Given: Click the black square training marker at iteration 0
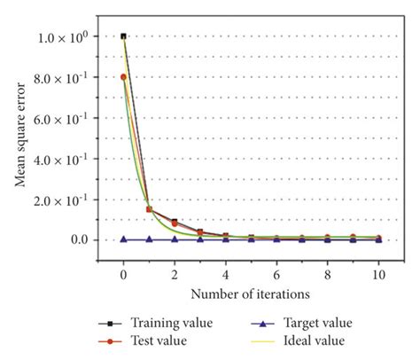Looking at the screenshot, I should click(x=123, y=36).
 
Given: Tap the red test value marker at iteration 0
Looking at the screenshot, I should click(x=123, y=77).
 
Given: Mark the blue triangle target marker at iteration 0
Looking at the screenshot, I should click(x=123, y=239).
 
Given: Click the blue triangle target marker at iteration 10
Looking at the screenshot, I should click(x=380, y=239).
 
